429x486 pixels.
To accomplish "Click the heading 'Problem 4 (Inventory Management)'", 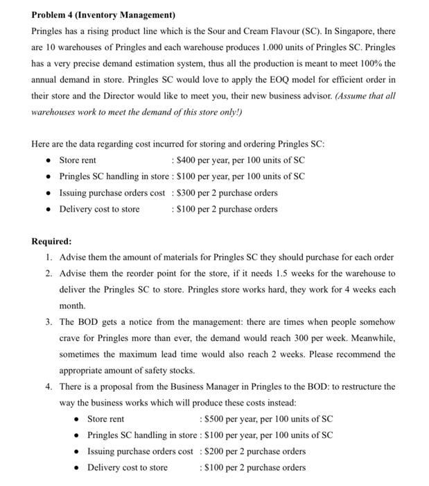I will [x=103, y=15].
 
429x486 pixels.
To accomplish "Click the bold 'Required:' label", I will [x=51, y=242].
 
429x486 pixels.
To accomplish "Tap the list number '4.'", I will [x=49, y=387].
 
